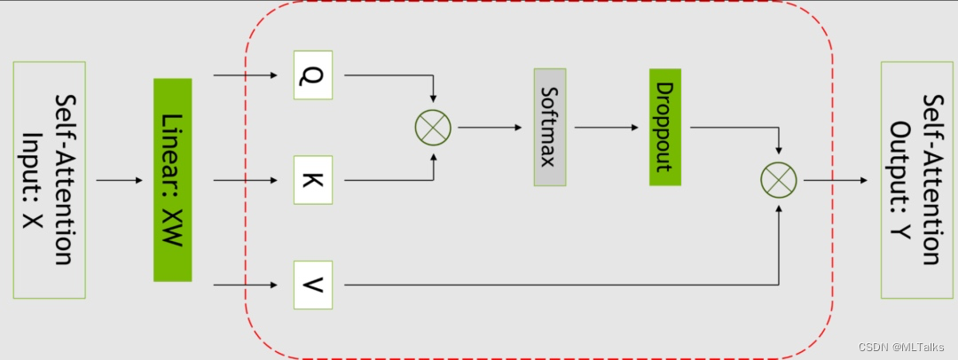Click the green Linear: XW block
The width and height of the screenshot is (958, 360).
[x=173, y=180]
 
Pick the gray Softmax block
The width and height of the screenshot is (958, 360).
[x=550, y=126]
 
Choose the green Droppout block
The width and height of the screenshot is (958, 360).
[x=664, y=127]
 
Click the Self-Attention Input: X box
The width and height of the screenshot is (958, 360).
[x=49, y=179]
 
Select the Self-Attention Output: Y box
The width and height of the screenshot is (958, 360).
[x=916, y=180]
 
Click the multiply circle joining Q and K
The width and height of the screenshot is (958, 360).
[x=433, y=128]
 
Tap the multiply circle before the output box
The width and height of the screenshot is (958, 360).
[x=779, y=181]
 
